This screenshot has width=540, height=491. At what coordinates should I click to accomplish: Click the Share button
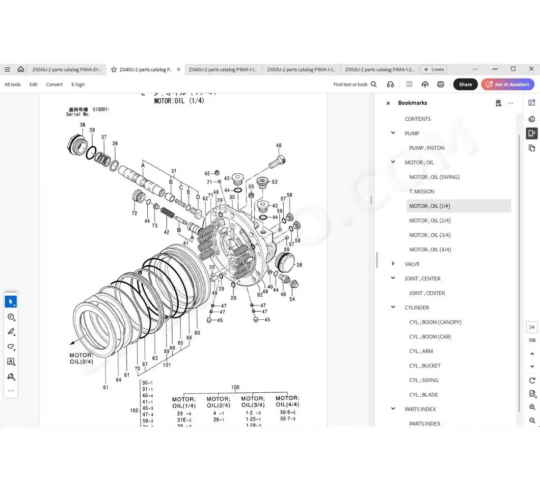[465, 84]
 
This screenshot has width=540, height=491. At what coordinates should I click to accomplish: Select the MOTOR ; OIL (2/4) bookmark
[430, 220]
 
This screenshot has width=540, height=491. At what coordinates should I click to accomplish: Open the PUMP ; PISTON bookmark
[427, 148]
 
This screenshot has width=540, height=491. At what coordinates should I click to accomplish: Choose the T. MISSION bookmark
[422, 191]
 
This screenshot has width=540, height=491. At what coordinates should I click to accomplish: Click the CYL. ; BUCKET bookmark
[425, 366]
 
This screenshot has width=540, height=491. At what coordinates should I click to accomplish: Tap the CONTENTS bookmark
[417, 119]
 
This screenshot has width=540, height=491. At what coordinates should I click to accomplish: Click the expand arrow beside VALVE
[393, 264]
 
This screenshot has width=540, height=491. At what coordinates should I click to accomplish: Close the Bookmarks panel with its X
[388, 103]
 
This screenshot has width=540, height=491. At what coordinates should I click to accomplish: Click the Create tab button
[434, 70]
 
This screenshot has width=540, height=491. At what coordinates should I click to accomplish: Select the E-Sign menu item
[78, 84]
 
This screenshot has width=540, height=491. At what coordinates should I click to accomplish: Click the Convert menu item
[54, 84]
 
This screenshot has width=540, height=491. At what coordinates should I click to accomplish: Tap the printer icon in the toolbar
[440, 84]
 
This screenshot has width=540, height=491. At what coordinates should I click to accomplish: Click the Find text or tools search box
[354, 84]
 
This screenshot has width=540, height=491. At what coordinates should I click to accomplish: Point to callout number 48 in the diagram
[279, 145]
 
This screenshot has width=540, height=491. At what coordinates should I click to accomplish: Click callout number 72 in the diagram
[134, 214]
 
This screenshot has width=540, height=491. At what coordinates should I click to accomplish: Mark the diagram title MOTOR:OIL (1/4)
[179, 101]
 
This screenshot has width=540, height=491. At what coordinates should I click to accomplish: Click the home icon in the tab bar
[21, 69]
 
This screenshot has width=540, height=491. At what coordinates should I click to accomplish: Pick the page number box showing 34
[532, 327]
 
